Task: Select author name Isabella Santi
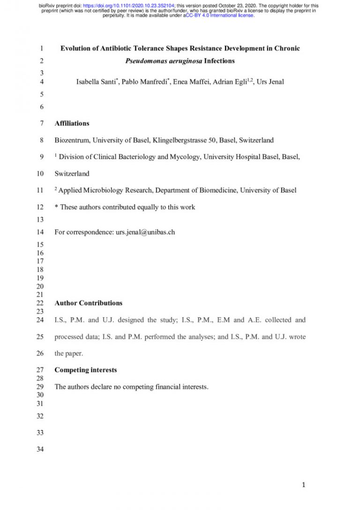[95, 82]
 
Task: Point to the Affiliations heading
[72, 123]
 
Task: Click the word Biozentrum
[73, 140]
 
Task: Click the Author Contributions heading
[89, 303]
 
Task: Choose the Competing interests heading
[86, 370]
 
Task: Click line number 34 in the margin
[39, 450]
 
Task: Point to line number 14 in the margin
[39, 232]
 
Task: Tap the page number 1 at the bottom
[303, 485]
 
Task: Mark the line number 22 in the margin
[39, 303]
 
